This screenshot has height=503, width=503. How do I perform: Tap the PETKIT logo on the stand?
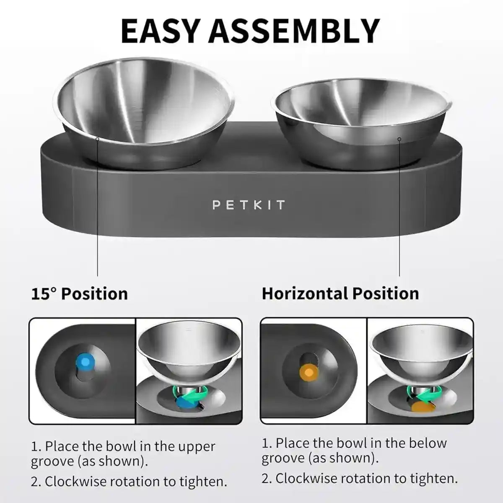pyautogui.click(x=249, y=205)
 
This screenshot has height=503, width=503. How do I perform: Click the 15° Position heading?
pyautogui.click(x=80, y=293)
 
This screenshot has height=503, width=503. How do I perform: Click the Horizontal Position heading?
pyautogui.click(x=340, y=293)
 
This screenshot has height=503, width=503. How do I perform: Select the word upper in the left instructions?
pyautogui.click(x=196, y=446)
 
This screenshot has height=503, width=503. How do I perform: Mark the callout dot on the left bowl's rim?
pyautogui.click(x=97, y=138)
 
